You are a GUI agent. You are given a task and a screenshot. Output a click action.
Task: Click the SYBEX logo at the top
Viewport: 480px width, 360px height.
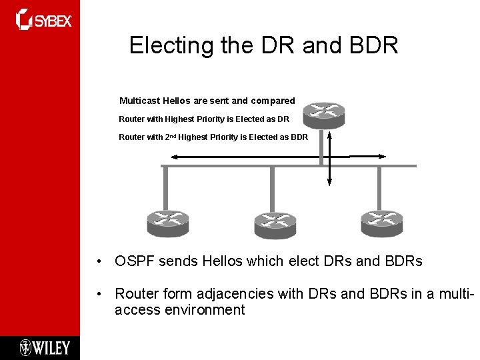pyautogui.click(x=44, y=19)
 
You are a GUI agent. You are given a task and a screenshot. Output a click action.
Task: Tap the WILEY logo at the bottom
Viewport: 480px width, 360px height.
pyautogui.click(x=44, y=347)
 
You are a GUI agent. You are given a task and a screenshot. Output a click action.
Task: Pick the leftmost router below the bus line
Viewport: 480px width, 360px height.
pyautogui.click(x=167, y=223)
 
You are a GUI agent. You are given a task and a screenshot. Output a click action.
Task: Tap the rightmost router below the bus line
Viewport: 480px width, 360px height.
pyautogui.click(x=381, y=223)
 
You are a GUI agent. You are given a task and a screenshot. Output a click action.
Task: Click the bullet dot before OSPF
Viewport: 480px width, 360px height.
pyautogui.click(x=98, y=261)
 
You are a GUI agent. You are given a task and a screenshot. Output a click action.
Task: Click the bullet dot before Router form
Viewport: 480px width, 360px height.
pyautogui.click(x=98, y=293)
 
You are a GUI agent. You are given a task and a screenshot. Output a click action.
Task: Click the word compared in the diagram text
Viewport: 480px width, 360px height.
pyautogui.click(x=273, y=101)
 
